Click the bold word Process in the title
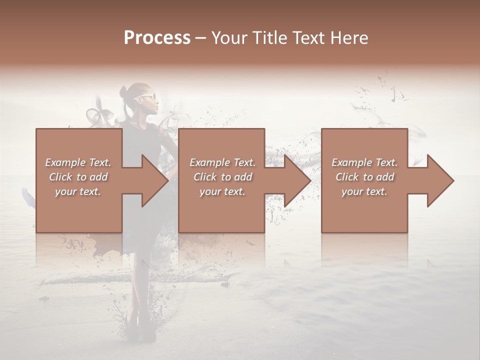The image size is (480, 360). tap(157, 38)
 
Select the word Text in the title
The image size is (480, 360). tap(307, 38)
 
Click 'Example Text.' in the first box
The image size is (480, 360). tap(78, 162)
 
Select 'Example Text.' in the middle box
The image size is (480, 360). tap(222, 162)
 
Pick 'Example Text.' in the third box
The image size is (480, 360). tap(364, 162)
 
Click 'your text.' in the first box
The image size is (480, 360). tap(78, 191)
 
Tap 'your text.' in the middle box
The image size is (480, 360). tap(222, 191)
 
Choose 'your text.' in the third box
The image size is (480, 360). tap(364, 191)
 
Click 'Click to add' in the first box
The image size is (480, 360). tap(78, 177)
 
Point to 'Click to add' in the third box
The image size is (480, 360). tap(364, 177)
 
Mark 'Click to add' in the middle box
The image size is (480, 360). tap(222, 177)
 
